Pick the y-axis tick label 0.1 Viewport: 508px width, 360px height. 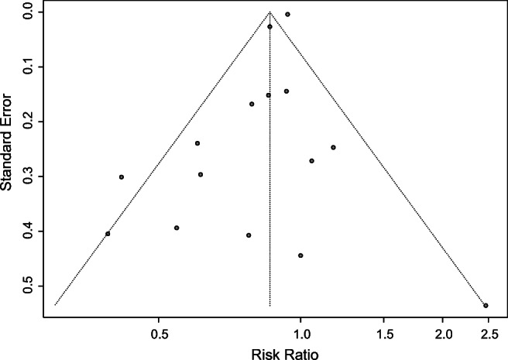coord(27,67)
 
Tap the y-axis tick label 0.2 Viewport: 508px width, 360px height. coord(27,122)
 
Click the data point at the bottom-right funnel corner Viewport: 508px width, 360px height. coord(486,306)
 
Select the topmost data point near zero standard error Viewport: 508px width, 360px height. coord(287,14)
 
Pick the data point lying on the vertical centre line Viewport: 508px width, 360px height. coord(269,26)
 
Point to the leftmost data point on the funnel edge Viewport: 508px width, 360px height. coord(108,234)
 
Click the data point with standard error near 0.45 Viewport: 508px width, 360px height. coord(300,255)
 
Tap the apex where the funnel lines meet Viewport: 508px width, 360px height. coord(269,12)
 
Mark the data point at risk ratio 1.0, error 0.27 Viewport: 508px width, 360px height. coord(311,161)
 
